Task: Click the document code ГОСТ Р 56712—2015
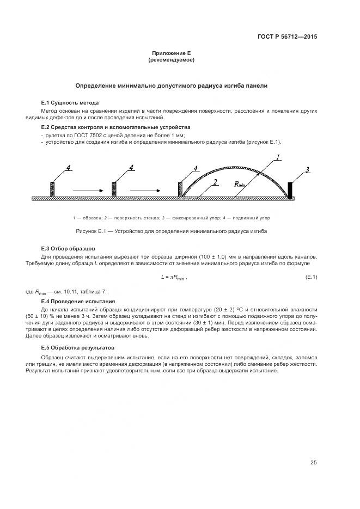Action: pyautogui.click(x=287, y=37)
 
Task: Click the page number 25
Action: pyautogui.click(x=314, y=463)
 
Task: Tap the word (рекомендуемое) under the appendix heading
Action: pyautogui.click(x=171, y=59)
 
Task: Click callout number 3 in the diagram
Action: pyautogui.click(x=307, y=170)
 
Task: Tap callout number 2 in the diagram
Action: pyautogui.click(x=216, y=182)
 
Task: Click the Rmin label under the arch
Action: pyautogui.click(x=240, y=185)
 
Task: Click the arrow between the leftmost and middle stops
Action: pyautogui.click(x=87, y=189)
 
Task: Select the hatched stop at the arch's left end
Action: pyautogui.click(x=181, y=188)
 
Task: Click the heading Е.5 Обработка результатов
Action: pyautogui.click(x=78, y=347)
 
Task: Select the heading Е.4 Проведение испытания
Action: pyautogui.click(x=78, y=301)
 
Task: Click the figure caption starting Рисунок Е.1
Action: pyautogui.click(x=171, y=231)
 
